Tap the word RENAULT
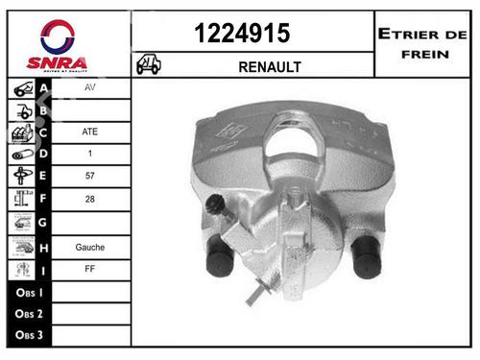point(270,66)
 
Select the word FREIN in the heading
point(424,54)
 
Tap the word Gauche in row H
point(90,246)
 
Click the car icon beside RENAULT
point(149,65)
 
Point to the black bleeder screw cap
point(216,204)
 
